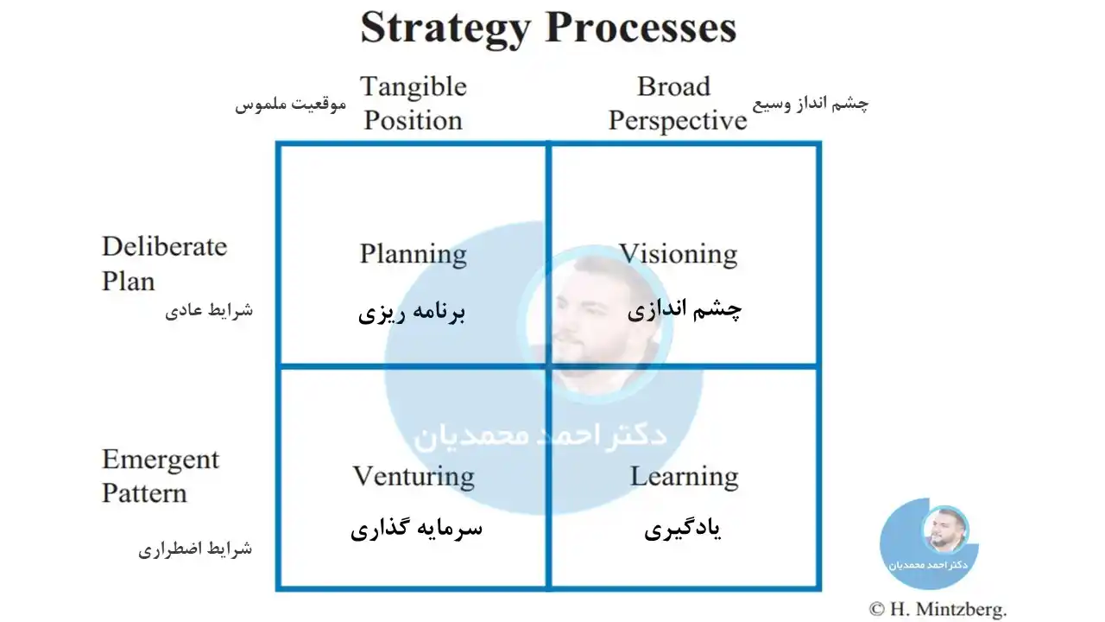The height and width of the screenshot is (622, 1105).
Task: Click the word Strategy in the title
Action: tap(445, 29)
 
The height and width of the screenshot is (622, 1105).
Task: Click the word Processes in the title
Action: tap(641, 26)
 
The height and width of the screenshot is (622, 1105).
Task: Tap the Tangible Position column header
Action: tap(414, 103)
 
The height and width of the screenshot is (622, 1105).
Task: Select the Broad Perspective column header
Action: tap(678, 104)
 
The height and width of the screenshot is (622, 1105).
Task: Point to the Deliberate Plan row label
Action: tap(164, 263)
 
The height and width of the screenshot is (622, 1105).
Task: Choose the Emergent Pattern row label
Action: tap(161, 476)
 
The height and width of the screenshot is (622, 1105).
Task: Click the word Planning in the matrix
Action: tap(414, 255)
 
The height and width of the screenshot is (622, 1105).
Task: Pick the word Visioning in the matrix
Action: tap(679, 254)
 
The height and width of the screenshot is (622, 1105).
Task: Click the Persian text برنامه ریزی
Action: tap(412, 312)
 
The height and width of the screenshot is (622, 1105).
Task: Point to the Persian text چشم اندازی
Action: tap(685, 310)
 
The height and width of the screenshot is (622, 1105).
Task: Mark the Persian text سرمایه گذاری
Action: tap(417, 529)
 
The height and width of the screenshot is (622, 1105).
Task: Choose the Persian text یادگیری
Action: tap(683, 530)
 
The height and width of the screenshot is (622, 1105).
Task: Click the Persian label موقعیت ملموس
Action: tap(291, 105)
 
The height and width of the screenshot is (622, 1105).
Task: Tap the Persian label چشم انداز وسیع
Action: tap(811, 104)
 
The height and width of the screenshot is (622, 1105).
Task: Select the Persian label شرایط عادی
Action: tap(209, 310)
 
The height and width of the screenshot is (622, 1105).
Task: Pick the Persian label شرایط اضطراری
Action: tap(195, 549)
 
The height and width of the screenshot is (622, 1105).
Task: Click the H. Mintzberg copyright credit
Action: tap(938, 610)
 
